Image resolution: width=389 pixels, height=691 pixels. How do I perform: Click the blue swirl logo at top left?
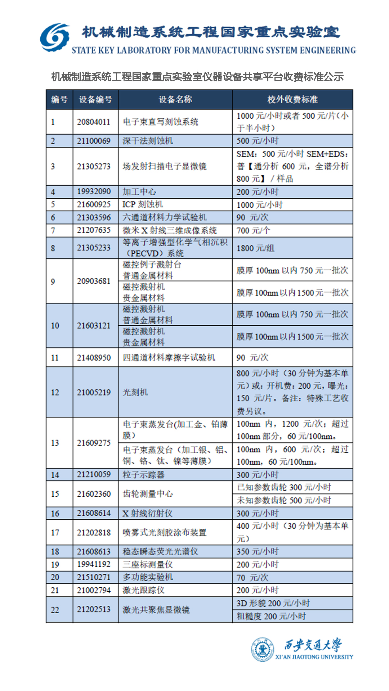tap(55, 37)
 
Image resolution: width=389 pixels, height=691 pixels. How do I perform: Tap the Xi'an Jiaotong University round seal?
tap(263, 649)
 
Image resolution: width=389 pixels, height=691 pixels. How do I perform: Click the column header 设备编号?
tap(95, 100)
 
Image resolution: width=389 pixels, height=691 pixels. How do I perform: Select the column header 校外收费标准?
tap(292, 100)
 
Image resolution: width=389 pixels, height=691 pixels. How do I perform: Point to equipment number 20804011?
tap(94, 122)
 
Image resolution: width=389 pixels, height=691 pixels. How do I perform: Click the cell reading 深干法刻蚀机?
tap(148, 141)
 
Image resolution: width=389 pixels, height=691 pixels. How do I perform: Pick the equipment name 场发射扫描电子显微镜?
tap(165, 166)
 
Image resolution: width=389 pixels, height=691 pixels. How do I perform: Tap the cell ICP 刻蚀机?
tap(143, 204)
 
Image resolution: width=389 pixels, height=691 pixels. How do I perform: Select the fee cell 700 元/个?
tap(253, 230)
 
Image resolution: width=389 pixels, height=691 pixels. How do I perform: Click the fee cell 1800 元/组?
tap(255, 248)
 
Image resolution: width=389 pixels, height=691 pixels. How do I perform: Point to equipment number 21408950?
tap(94, 358)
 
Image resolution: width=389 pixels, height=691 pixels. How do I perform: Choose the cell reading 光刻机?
tap(135, 392)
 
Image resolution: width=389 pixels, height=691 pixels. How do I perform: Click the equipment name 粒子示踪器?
tap(143, 475)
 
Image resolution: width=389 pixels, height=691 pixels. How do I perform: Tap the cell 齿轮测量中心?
tap(148, 494)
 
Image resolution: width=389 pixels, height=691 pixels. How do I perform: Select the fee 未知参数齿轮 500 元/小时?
tap(284, 500)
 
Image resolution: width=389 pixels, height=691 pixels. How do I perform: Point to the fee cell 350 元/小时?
tap(258, 551)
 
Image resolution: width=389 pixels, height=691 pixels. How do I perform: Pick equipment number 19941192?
tap(94, 564)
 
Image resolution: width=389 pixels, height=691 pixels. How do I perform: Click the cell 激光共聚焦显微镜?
tap(156, 610)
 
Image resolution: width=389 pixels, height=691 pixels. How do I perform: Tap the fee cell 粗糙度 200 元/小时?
tap(271, 616)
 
